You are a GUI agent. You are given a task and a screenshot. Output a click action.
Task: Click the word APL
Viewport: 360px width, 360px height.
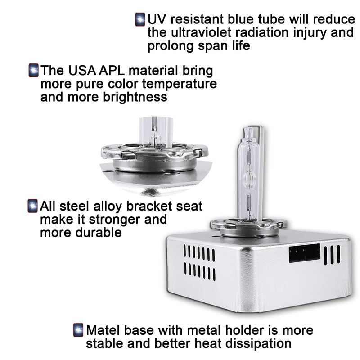[x=112, y=71]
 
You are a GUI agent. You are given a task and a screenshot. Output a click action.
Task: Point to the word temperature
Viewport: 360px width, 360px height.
[x=180, y=84]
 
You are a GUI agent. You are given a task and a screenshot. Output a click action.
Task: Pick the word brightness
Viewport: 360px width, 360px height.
[x=135, y=97]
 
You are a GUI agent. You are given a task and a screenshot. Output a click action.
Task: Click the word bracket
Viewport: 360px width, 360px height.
[x=149, y=207]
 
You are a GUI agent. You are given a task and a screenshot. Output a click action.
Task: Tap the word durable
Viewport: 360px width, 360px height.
[x=99, y=233]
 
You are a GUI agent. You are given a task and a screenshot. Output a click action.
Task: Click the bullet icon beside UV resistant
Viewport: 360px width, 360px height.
[x=140, y=19]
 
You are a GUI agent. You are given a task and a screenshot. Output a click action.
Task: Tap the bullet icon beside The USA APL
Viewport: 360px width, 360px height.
[x=33, y=70]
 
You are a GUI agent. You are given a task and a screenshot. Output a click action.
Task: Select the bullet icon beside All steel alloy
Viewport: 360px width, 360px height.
[x=32, y=206]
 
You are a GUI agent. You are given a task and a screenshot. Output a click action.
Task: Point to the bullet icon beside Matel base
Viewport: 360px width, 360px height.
[x=78, y=330]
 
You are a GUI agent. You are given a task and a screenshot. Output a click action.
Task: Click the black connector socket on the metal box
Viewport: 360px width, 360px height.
[x=305, y=253]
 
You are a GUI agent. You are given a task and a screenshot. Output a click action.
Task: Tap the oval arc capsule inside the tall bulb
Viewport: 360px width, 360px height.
[x=250, y=179]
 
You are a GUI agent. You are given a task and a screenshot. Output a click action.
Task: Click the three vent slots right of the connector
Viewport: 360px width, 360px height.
[x=332, y=255]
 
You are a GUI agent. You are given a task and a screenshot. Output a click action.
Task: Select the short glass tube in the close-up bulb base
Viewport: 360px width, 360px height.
[x=156, y=131]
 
